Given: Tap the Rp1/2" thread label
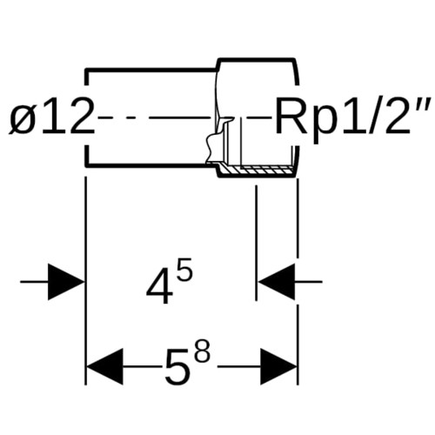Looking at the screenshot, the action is (x=351, y=118).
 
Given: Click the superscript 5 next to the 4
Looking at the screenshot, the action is (x=184, y=270).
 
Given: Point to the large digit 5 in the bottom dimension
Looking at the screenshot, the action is (x=177, y=366).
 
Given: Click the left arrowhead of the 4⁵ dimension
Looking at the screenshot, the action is (x=66, y=282).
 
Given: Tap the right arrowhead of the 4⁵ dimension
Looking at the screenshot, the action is (x=277, y=282).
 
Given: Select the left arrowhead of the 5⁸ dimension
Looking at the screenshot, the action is (x=104, y=366).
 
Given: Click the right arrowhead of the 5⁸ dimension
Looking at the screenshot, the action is (x=278, y=366).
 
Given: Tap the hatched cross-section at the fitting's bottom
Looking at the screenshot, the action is (x=257, y=171).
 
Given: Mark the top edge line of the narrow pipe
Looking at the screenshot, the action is (x=151, y=70).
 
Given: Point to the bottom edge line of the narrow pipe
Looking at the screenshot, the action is (x=151, y=165).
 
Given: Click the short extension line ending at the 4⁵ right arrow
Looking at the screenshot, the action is (x=257, y=243).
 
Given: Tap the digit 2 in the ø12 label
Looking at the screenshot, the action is (x=81, y=117).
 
